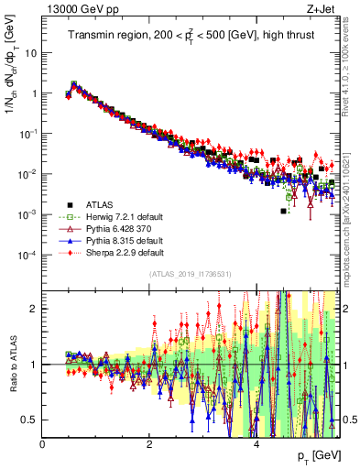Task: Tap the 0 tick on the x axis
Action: pos(43,444)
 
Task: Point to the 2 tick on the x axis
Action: pos(149,444)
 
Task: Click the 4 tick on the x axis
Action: pos(256,444)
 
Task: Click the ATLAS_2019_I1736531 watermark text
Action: pos(190,275)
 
